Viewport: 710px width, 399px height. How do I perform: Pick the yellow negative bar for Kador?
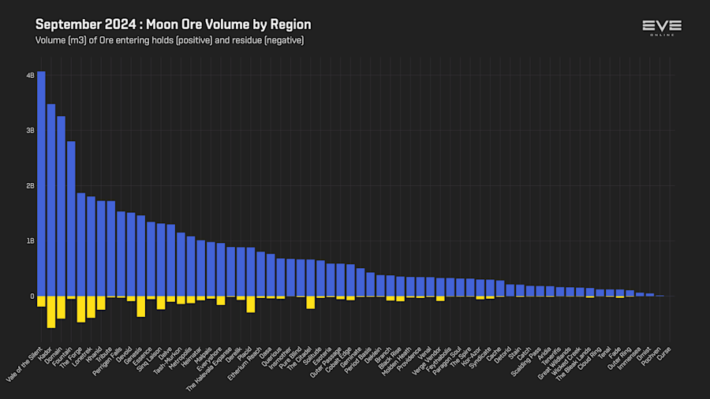[x=51, y=311]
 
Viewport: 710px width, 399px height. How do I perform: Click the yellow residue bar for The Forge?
[x=81, y=309]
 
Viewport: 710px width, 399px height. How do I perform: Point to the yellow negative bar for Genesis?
[x=141, y=306]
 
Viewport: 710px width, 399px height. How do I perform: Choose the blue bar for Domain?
[x=61, y=206]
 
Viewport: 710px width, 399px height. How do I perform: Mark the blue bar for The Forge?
[x=81, y=244]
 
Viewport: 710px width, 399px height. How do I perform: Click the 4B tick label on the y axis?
[x=30, y=76]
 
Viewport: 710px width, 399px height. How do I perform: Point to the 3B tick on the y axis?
[x=30, y=131]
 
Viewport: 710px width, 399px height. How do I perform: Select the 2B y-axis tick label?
[x=30, y=186]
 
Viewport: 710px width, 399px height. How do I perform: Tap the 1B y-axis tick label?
[x=30, y=241]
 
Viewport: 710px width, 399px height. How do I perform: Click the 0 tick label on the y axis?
[x=32, y=296]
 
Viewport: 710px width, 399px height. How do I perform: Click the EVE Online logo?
[x=661, y=28]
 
